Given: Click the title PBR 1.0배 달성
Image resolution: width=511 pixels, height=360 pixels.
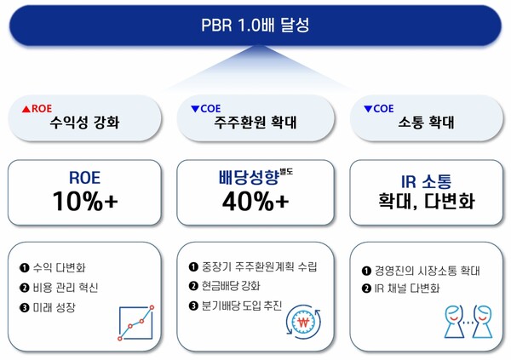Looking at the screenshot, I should [x=256, y=23].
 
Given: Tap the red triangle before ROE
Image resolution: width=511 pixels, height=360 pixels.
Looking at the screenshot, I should [x=26, y=109].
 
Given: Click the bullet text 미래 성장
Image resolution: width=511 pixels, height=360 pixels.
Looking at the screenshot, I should [x=59, y=307].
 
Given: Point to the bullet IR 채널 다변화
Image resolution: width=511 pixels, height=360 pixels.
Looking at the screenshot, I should [x=406, y=291].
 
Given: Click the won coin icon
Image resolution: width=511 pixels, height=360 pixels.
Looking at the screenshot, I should [x=304, y=322].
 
